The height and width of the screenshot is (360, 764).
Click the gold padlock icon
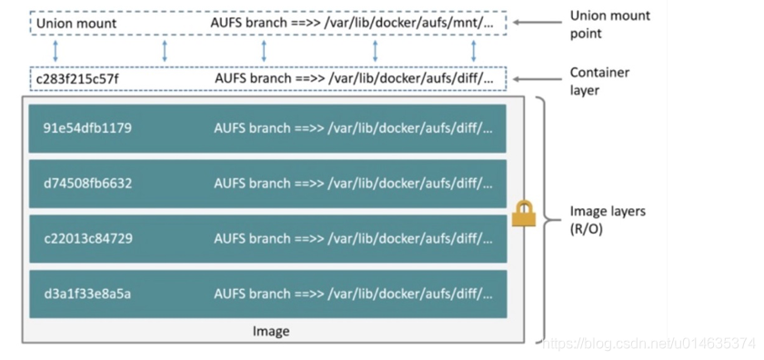pyautogui.click(x=523, y=215)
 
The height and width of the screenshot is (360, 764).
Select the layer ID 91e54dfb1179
pyautogui.click(x=87, y=128)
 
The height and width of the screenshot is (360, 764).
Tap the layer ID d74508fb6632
pyautogui.click(x=87, y=183)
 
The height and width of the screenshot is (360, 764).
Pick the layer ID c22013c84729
pyautogui.click(x=87, y=238)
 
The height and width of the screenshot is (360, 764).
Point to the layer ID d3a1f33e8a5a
pyautogui.click(x=87, y=294)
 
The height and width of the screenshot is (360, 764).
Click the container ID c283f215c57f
pyautogui.click(x=77, y=79)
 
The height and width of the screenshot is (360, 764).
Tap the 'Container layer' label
pyautogui.click(x=599, y=81)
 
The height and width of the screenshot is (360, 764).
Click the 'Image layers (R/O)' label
pyautogui.click(x=607, y=219)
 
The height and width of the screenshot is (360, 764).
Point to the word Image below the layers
pyautogui.click(x=270, y=332)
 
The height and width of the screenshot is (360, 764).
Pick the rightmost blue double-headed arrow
pyautogui.click(x=474, y=50)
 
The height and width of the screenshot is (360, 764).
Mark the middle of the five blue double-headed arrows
pyautogui.click(x=264, y=50)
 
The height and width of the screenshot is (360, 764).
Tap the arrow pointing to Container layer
pyautogui.click(x=535, y=79)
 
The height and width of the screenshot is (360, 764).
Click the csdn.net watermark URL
pyautogui.click(x=648, y=343)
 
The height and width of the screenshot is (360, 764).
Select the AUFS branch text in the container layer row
pyautogui.click(x=253, y=79)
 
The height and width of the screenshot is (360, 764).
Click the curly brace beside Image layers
pyautogui.click(x=544, y=218)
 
